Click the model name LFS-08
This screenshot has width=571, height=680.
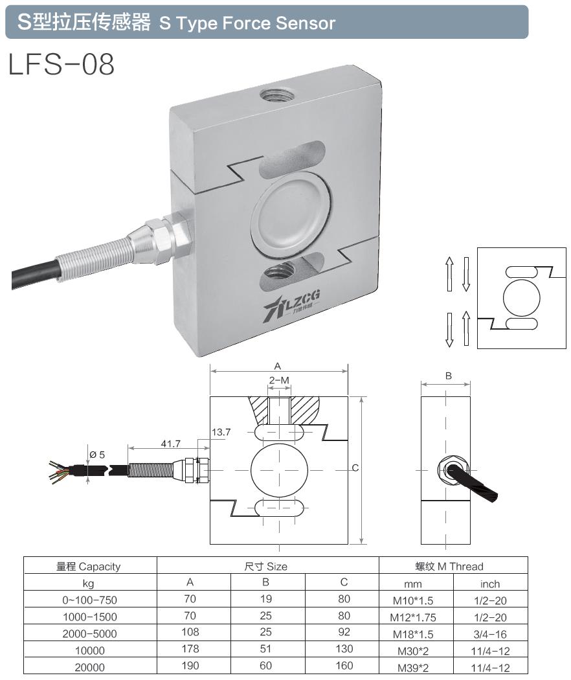point(62,65)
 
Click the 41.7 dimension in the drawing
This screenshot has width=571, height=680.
point(170,444)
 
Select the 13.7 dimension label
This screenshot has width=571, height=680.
point(221,431)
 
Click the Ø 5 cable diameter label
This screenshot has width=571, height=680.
point(98,455)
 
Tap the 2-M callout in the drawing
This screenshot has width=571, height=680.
point(279,380)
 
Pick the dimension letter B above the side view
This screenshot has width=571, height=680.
point(448,376)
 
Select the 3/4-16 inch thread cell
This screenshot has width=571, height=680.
point(490,633)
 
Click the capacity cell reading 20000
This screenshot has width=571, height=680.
point(90,666)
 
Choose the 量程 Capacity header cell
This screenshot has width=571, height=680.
point(90,566)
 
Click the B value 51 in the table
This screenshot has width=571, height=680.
point(266,649)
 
